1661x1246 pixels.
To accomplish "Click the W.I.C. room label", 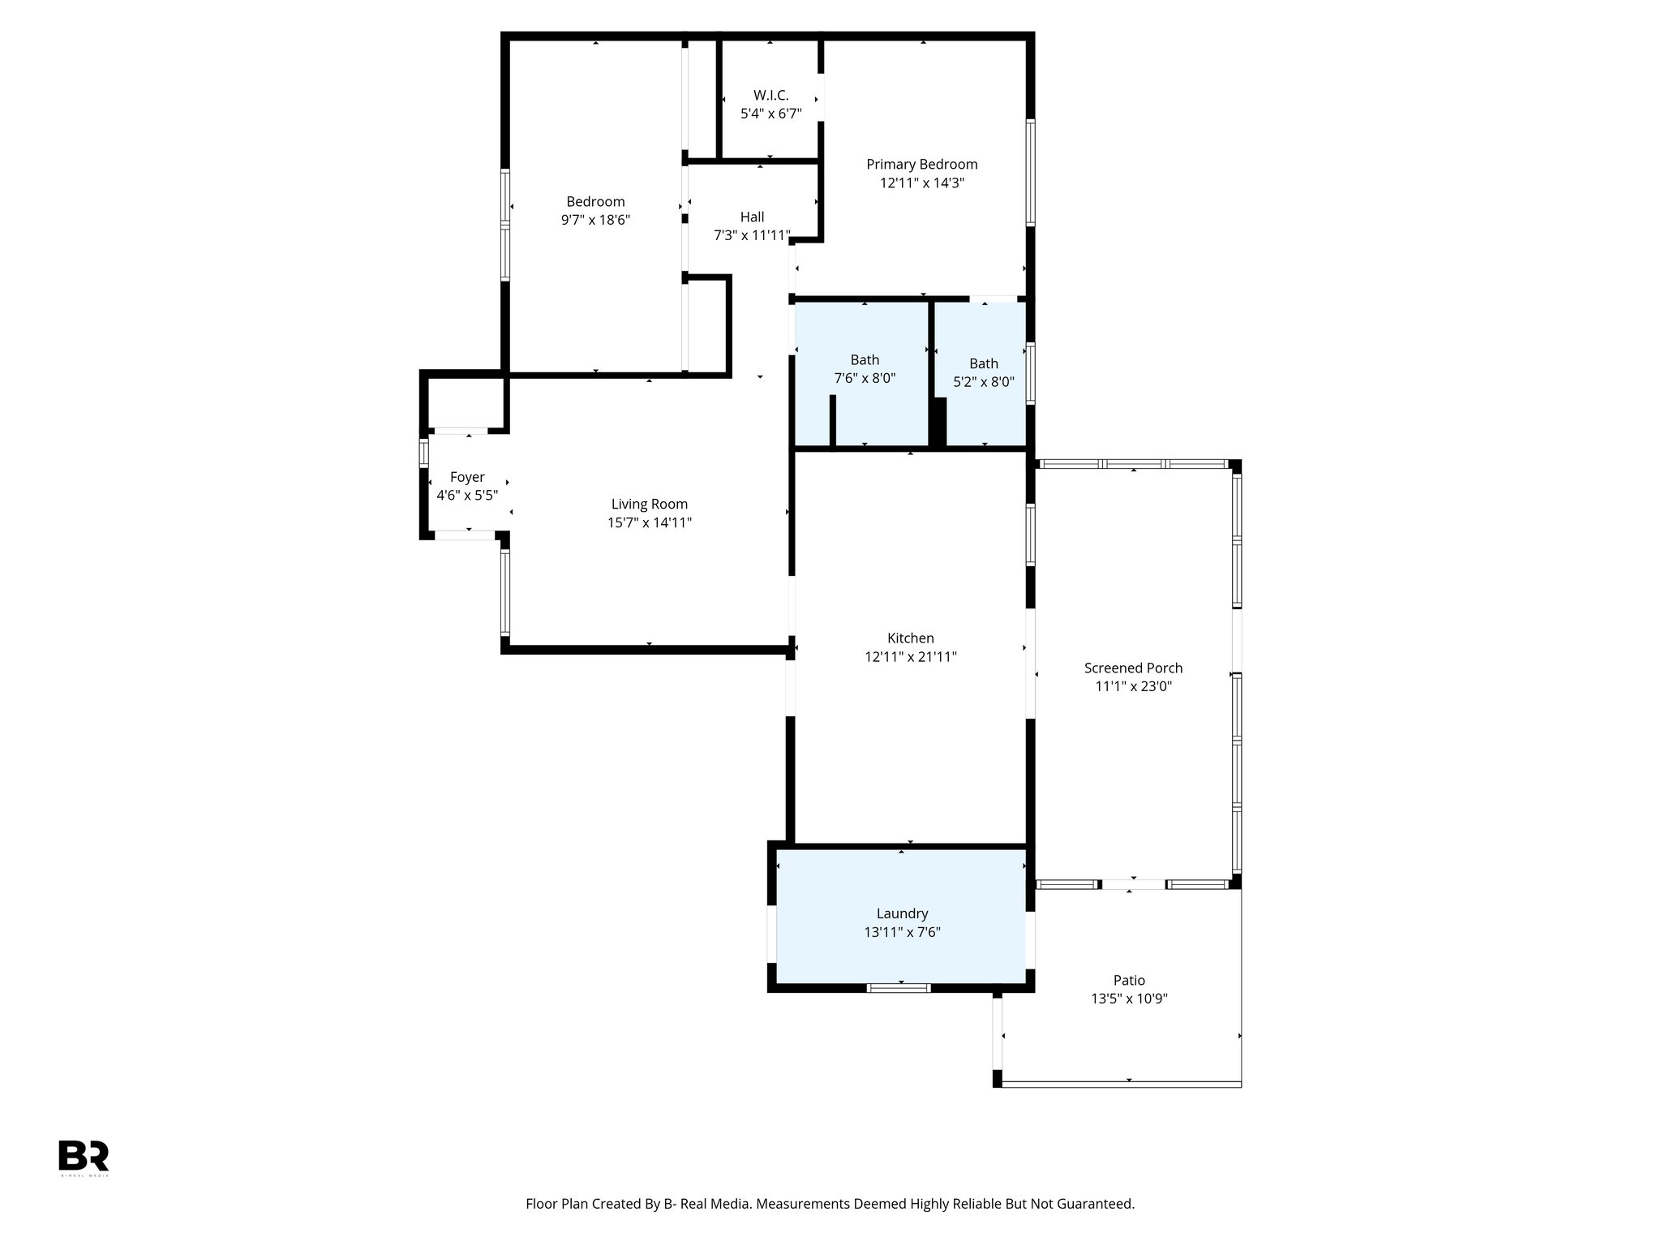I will (770, 96).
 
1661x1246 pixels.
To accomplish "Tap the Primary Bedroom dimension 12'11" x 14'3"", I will (922, 183).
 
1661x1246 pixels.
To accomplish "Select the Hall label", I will (752, 217).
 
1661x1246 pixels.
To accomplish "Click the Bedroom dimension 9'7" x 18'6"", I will (595, 220).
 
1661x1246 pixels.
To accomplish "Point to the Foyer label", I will (467, 477).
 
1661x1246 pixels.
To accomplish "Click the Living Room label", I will (649, 505).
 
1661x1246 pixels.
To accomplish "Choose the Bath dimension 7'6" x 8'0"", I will (865, 378).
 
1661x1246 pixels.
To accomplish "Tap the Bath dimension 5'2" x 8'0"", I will (983, 382).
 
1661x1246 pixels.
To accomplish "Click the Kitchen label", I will (910, 638).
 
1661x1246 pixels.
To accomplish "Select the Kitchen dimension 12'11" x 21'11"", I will (910, 657).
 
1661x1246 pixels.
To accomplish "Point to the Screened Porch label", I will (1133, 668).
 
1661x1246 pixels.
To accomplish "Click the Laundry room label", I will (902, 913).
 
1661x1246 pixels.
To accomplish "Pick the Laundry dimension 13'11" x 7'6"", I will (902, 933).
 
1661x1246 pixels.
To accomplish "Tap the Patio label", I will (1129, 980).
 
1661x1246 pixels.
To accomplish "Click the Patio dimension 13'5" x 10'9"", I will (1129, 999).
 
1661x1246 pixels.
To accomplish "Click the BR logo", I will (84, 1156).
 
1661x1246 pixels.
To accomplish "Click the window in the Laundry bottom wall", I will (898, 987).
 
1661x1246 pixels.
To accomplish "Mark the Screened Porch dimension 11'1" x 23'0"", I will (1133, 686).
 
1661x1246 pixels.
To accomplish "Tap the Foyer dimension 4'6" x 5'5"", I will (467, 496).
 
